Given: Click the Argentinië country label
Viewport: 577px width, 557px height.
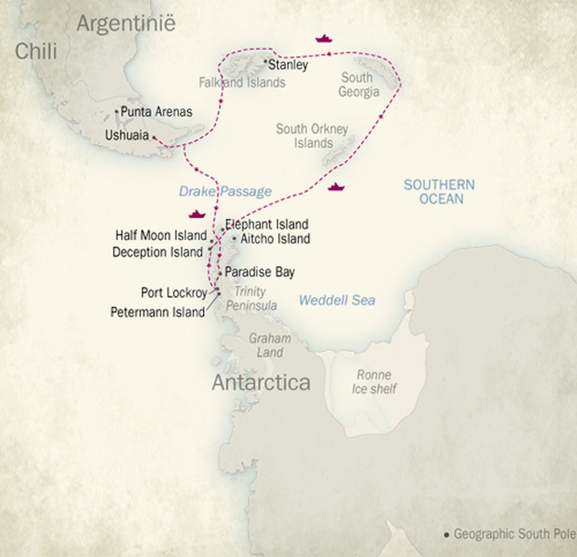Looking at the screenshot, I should click(126, 24).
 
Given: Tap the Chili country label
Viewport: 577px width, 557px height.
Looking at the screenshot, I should click(36, 51).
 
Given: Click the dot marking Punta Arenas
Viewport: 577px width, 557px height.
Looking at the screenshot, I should click(117, 111).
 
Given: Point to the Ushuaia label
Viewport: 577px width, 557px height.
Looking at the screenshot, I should click(127, 136).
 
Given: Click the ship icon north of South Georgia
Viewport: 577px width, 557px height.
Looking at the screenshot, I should click(324, 39).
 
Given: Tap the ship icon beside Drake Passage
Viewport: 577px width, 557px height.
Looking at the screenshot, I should click(197, 214).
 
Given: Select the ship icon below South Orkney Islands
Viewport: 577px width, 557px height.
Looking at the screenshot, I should click(336, 187).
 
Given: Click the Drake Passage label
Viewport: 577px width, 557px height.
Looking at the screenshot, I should click(225, 191).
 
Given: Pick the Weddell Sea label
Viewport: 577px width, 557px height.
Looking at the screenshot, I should click(337, 300).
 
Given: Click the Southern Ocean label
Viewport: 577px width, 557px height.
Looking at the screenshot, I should click(439, 191).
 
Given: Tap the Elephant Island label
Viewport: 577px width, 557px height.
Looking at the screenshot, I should click(267, 224).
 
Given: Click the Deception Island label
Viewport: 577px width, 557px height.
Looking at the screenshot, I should click(158, 252).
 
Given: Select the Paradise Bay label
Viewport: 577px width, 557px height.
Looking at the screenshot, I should click(260, 272).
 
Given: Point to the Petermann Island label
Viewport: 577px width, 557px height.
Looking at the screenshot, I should click(158, 312).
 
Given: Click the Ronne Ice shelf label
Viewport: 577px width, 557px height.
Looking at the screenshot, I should click(374, 382).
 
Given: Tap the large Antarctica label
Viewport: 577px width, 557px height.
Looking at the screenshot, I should click(261, 382).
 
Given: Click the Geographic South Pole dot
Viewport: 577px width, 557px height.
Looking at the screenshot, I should click(446, 535).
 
